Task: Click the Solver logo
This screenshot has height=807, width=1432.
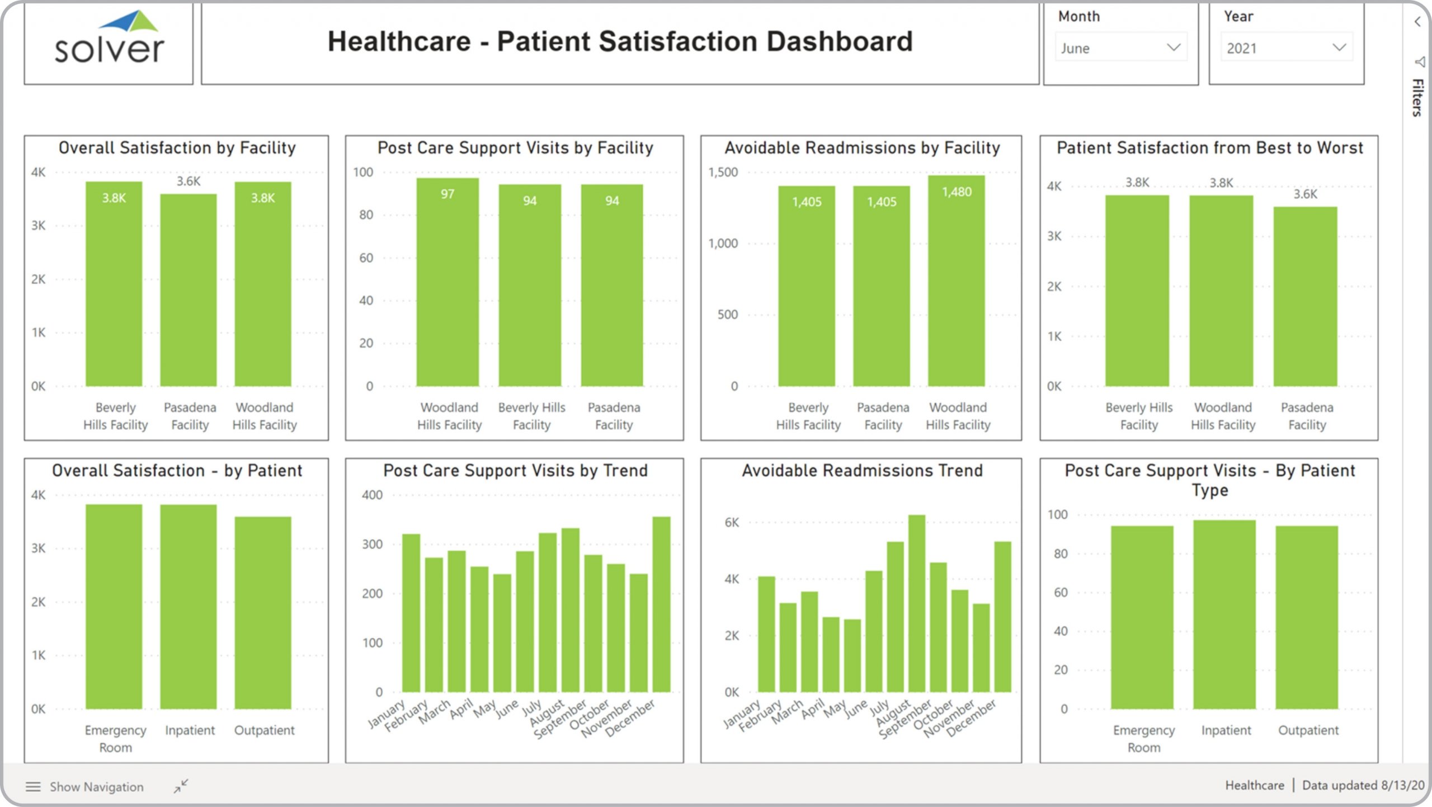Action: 109,39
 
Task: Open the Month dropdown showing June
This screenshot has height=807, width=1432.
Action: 1120,48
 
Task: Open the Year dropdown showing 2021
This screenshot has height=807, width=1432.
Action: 1286,48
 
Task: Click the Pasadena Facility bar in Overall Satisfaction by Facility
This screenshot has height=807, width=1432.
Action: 189,291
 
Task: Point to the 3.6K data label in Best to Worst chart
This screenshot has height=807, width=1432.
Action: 1305,194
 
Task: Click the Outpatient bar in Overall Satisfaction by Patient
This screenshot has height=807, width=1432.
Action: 263,613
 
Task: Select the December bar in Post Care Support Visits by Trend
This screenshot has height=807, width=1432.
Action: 661,604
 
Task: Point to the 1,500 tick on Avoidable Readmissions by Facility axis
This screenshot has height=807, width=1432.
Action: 723,172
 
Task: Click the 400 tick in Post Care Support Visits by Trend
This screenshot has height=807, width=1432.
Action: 372,495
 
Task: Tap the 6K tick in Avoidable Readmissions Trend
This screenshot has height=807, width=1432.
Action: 732,523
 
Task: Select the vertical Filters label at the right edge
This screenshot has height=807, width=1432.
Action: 1417,97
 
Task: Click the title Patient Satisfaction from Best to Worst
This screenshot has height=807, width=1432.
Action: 1209,148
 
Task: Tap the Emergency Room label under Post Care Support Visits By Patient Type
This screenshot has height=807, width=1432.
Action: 1144,738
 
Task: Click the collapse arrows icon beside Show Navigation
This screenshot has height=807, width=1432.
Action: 181,786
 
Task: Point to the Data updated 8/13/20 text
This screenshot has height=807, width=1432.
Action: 1363,785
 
